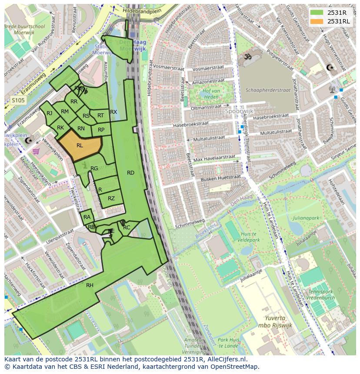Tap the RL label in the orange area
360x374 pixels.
coord(80,146)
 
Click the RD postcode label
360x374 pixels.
coord(130,173)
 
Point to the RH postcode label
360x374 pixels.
coord(90,285)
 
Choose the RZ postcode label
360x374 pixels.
coord(111,199)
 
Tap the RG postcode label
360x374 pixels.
coord(94,169)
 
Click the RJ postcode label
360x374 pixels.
coord(49,113)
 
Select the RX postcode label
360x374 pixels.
coord(113,112)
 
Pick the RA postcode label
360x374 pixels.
coord(87,217)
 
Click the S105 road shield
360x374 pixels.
coord(18,100)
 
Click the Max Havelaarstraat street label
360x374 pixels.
coord(214,158)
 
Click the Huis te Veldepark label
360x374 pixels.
coord(249,235)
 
